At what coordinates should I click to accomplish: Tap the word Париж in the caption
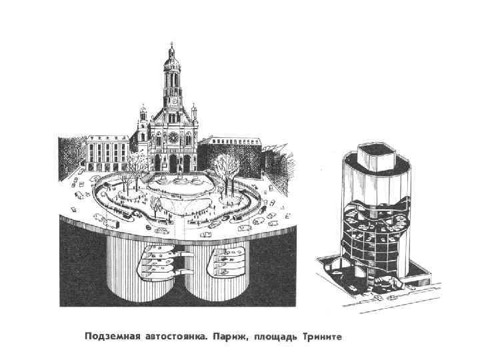pos(229,336)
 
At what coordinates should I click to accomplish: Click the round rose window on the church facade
pos(172,137)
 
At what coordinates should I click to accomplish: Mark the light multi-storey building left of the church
pos(107,153)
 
